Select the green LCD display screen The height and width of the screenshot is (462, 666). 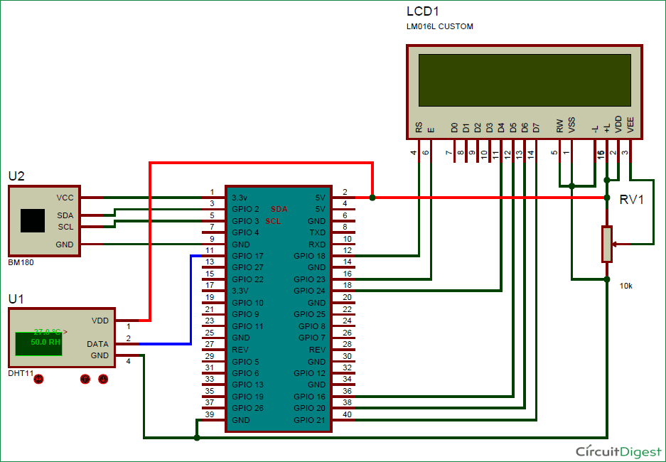[525, 79]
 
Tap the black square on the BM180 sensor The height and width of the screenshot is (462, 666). [33, 220]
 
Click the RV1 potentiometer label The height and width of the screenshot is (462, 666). [631, 200]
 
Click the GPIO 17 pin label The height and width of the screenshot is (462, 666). [247, 256]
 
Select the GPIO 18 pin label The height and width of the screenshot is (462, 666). [309, 256]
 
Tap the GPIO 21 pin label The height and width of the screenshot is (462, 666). [309, 420]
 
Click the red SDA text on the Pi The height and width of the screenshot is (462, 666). [279, 209]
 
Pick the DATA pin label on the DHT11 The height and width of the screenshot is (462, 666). [97, 344]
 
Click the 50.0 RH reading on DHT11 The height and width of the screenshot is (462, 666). [45, 342]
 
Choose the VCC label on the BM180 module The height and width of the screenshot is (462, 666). [65, 198]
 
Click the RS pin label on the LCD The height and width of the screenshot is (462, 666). [419, 128]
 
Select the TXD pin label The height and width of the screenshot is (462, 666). [317, 232]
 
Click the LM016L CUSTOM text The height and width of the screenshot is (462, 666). [440, 27]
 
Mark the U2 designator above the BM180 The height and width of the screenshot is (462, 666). [17, 176]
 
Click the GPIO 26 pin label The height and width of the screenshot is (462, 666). [247, 408]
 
